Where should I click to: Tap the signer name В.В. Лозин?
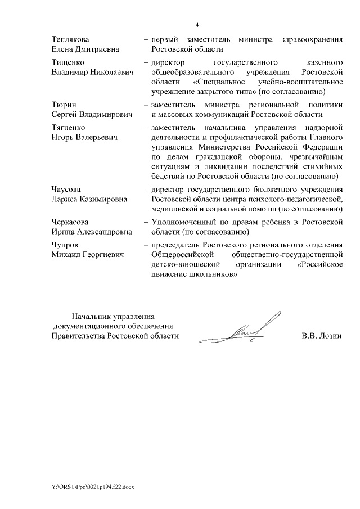point(322,336)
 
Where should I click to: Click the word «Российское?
point(319,265)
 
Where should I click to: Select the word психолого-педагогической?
point(296,199)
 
